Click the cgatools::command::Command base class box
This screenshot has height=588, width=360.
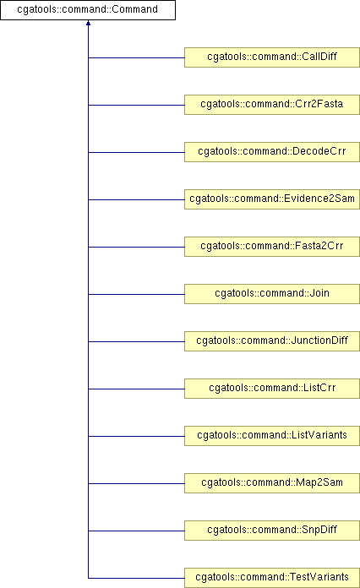point(88,10)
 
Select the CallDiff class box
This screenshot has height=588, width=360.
point(272,57)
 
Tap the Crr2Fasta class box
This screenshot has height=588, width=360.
point(272,105)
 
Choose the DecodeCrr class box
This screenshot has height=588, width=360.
point(272,152)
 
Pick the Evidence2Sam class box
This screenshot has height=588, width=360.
point(272,199)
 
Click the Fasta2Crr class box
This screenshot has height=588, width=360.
point(272,247)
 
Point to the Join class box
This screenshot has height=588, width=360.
point(272,294)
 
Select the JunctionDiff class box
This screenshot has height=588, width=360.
point(272,340)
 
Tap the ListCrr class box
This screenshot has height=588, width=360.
point(272,388)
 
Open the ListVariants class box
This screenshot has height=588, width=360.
point(272,435)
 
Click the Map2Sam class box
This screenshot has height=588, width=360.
point(272,482)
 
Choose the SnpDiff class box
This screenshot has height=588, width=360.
point(272,530)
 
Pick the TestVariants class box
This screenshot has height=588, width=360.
point(272,578)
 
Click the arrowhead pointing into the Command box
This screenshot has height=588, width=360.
point(88,23)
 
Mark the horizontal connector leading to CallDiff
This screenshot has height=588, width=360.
point(136,57)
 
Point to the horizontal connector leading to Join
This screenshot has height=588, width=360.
point(136,294)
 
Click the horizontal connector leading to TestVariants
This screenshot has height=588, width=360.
point(136,578)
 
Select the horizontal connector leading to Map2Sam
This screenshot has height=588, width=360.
point(136,483)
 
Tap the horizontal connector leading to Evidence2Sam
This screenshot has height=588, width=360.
point(136,199)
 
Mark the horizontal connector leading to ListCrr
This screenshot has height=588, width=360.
point(136,389)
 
